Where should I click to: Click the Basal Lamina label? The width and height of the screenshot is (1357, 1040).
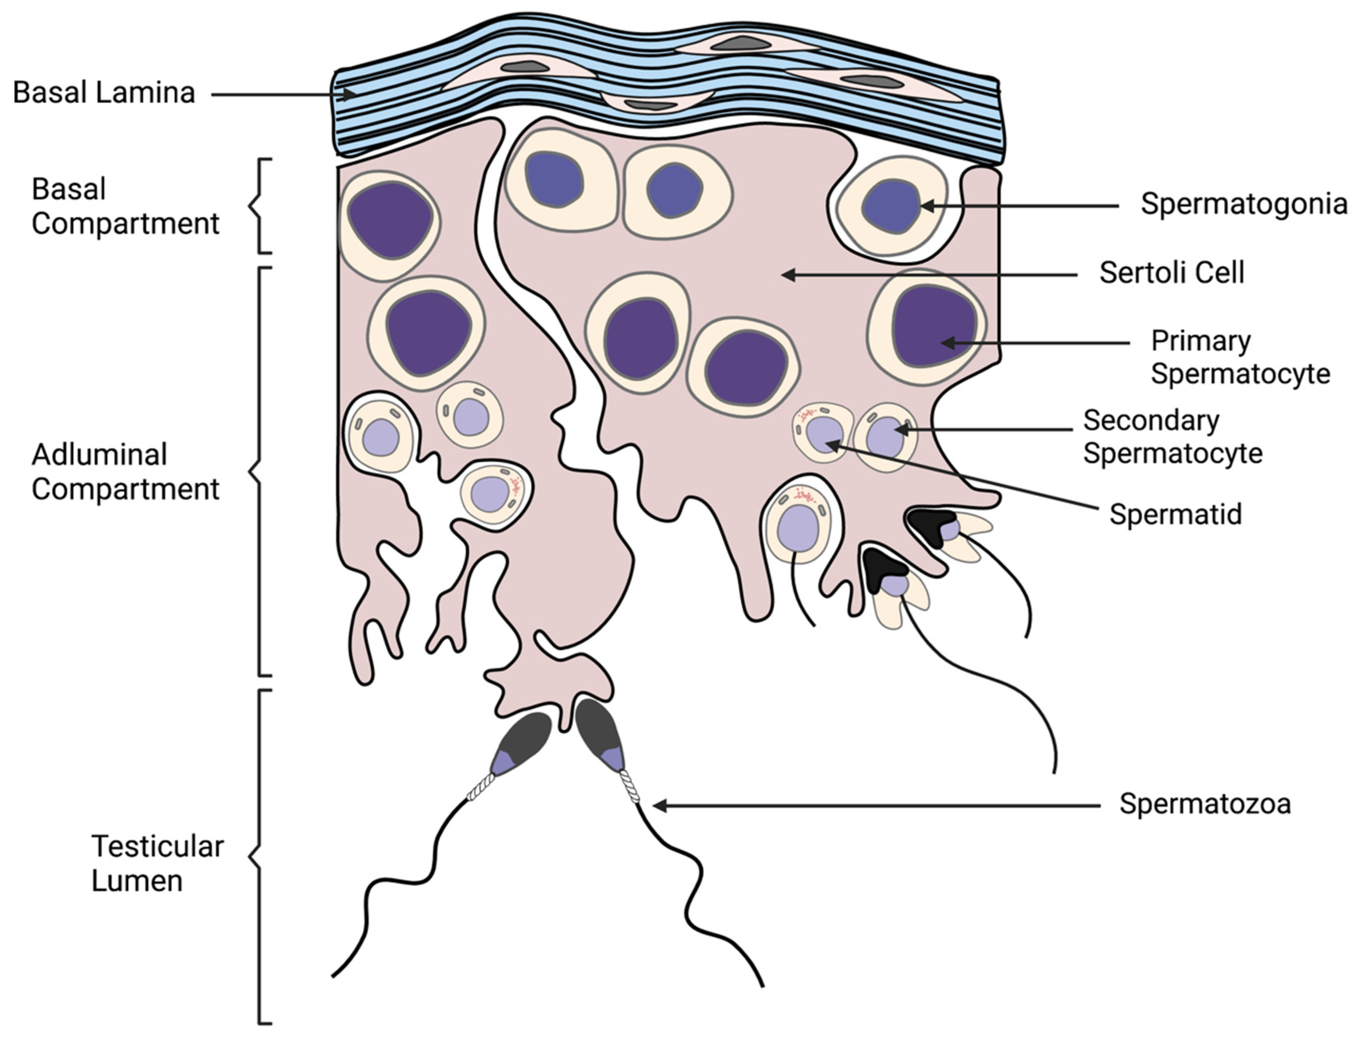(104, 93)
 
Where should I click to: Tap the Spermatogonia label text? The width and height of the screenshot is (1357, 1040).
(1244, 204)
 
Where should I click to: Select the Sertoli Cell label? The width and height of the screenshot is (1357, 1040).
(1172, 273)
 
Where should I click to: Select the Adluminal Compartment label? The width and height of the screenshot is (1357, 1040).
(125, 472)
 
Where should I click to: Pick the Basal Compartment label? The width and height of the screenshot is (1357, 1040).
(125, 206)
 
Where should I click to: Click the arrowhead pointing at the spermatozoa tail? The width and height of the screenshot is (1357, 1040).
(660, 806)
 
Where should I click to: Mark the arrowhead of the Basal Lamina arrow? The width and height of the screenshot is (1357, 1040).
(350, 95)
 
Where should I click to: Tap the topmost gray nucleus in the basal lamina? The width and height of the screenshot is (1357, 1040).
(741, 43)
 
